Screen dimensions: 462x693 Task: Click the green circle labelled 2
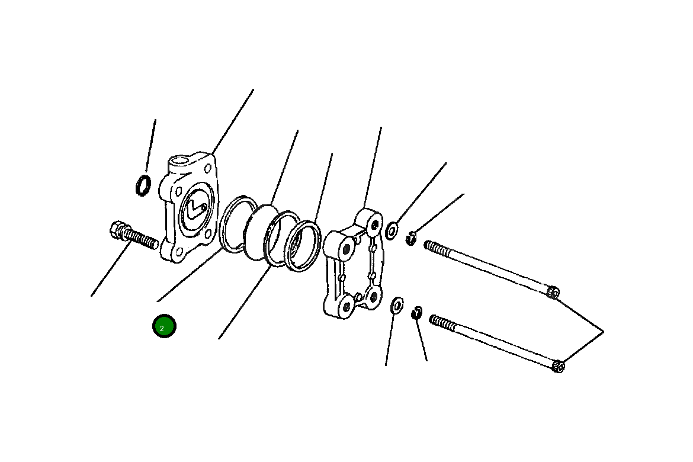[164, 326]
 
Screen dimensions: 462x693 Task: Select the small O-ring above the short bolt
[143, 185]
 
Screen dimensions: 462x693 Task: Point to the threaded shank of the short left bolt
[143, 239]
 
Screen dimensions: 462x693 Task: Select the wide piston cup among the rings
[259, 231]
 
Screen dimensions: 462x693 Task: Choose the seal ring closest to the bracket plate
[303, 246]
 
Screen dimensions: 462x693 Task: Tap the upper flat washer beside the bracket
[392, 230]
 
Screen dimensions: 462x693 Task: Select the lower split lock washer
[417, 312]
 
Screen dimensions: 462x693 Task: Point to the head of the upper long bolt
[553, 292]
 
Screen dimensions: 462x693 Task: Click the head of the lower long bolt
[558, 367]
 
